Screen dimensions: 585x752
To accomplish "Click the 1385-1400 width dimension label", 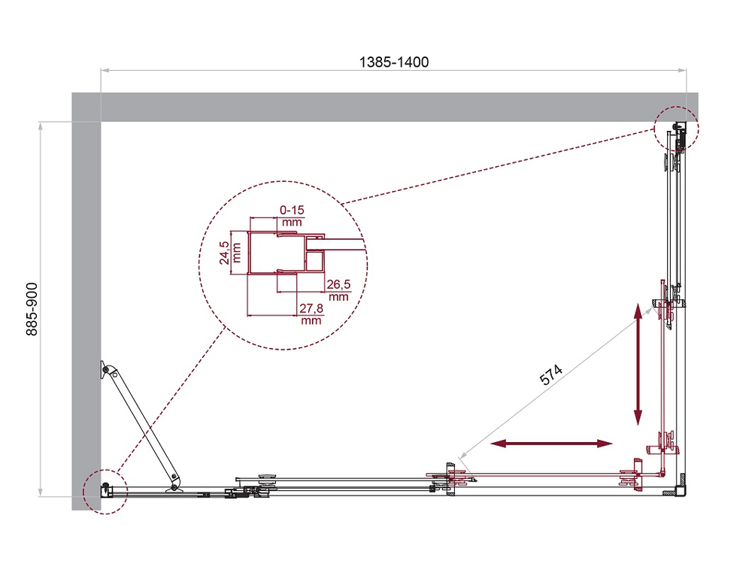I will point(393,62).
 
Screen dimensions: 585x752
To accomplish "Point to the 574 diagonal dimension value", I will point(551,374).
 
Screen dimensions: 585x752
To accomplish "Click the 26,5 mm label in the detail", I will point(338,289).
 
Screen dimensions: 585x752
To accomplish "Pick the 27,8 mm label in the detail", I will point(311,314).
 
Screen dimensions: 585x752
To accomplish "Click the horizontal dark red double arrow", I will point(553,444).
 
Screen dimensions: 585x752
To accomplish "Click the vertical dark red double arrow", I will point(638,364).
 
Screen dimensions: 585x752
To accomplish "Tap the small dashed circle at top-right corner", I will point(676,129).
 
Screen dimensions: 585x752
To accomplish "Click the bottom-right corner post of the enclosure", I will point(680,490).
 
